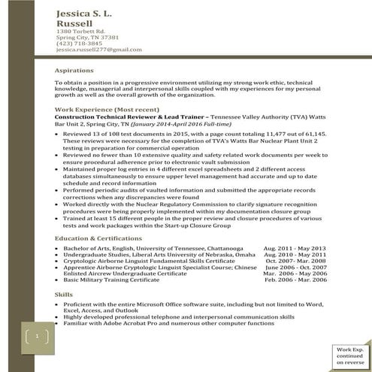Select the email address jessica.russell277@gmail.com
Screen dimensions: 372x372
[98, 49]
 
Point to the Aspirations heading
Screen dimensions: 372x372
[75, 69]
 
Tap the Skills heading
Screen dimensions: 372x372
[65, 294]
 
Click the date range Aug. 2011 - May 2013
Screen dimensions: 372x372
[295, 248]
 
